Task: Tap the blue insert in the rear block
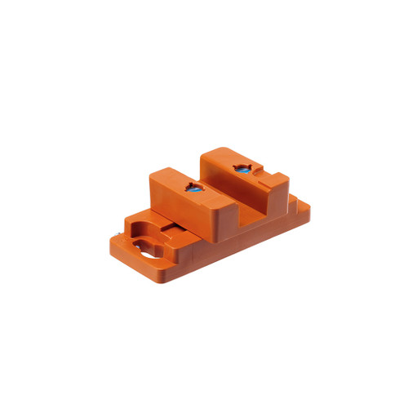pos(242,168)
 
